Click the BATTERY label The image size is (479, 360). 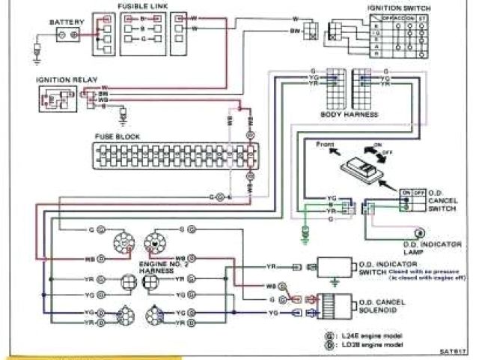(x=62, y=22)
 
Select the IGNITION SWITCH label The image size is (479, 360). (x=393, y=7)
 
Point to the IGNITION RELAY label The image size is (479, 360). (x=63, y=78)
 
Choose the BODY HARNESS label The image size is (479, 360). (x=349, y=115)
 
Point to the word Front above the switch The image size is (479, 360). (x=325, y=142)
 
